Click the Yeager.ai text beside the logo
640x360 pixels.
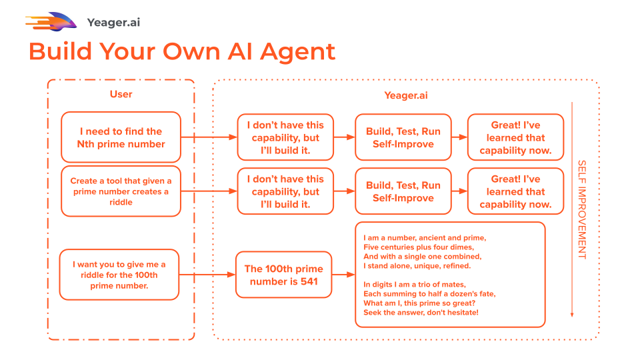pyautogui.click(x=113, y=23)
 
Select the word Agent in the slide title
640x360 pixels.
pyautogui.click(x=297, y=51)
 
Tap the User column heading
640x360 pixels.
pyautogui.click(x=121, y=95)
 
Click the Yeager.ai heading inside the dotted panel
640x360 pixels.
pyautogui.click(x=405, y=96)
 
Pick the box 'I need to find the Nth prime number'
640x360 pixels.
pyautogui.click(x=121, y=137)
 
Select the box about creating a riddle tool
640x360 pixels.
pyautogui.click(x=121, y=192)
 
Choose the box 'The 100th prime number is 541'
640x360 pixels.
pyautogui.click(x=283, y=275)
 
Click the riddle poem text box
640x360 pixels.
pyautogui.click(x=450, y=275)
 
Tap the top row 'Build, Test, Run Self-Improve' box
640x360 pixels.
pyautogui.click(x=403, y=137)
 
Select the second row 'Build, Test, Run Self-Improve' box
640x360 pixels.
pyautogui.click(x=403, y=191)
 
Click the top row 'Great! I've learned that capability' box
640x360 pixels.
pyautogui.click(x=515, y=137)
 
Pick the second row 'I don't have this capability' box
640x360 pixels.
pyautogui.click(x=285, y=191)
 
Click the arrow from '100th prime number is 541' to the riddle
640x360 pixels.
pyautogui.click(x=343, y=275)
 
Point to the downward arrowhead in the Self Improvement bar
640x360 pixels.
pyautogui.click(x=571, y=314)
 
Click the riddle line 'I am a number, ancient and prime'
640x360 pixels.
pyautogui.click(x=425, y=238)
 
